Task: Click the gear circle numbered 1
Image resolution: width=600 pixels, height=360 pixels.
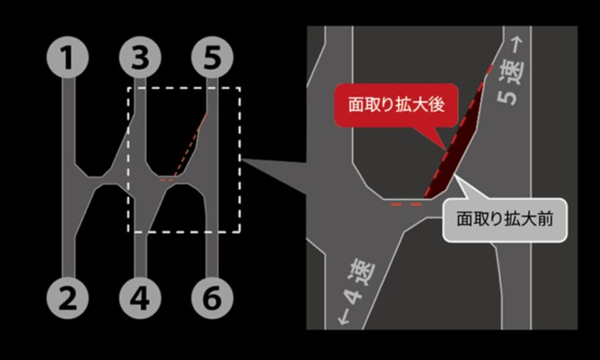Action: [68, 57]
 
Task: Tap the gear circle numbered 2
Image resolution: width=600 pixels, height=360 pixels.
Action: [68, 298]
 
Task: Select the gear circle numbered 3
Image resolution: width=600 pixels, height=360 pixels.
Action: [140, 57]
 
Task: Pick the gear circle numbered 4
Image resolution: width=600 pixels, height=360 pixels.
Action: [140, 298]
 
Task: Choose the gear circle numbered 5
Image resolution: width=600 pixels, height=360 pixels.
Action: [212, 57]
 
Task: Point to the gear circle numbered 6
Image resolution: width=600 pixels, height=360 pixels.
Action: [212, 298]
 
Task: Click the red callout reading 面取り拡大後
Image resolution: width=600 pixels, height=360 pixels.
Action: [397, 105]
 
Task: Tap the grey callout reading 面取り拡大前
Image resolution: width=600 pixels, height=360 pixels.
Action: [505, 220]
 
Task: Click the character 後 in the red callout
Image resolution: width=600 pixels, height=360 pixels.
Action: [437, 105]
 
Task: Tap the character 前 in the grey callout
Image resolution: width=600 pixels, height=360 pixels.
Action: [545, 220]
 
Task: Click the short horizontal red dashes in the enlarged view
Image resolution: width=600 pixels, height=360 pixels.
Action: [406, 205]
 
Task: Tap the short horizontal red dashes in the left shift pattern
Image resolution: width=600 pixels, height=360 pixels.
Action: [166, 180]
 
